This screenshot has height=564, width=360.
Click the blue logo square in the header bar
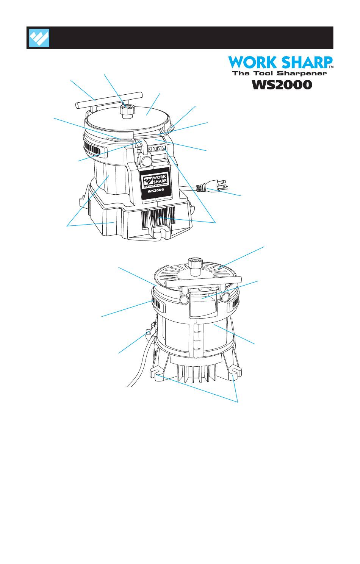(x=39, y=38)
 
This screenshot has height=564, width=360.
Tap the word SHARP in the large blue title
(x=306, y=62)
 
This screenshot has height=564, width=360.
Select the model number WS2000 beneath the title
(x=282, y=84)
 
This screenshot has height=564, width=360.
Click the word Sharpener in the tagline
(x=302, y=73)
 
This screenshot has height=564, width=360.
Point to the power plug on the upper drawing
(x=214, y=187)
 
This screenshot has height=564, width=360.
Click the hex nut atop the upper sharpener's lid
(x=127, y=111)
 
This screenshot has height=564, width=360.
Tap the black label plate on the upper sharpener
(x=156, y=185)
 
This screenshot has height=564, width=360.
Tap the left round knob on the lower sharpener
(x=185, y=299)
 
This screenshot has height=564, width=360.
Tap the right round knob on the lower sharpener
(x=224, y=297)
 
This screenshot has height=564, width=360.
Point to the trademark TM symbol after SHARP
(x=331, y=67)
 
